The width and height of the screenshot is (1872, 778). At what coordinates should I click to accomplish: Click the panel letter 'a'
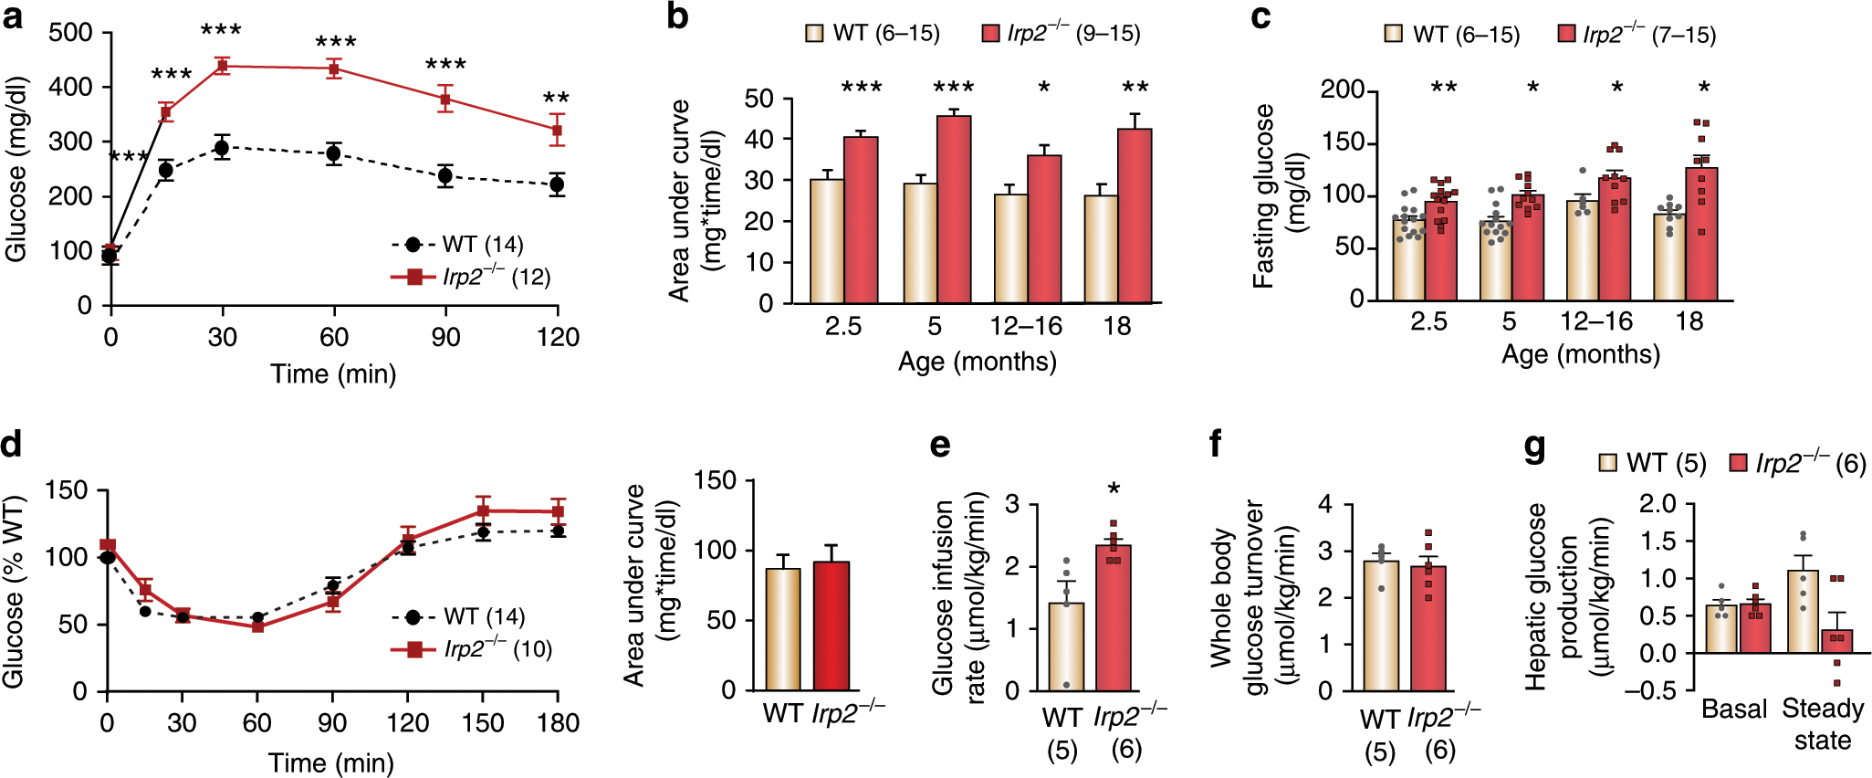(13, 16)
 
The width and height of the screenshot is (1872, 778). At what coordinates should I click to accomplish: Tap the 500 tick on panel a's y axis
(71, 33)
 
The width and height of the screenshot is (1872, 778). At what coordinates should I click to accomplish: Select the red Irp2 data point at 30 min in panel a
(222, 66)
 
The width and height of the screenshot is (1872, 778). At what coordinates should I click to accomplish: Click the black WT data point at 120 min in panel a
(557, 184)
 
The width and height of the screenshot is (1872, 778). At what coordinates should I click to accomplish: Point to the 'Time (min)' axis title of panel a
(333, 373)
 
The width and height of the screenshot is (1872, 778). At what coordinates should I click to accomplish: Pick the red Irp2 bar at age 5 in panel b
(953, 210)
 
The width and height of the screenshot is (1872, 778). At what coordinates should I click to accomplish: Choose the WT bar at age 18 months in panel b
(1101, 249)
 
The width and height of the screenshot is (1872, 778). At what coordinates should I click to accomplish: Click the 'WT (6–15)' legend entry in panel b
(873, 34)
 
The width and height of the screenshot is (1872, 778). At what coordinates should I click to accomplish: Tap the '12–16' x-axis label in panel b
(1026, 326)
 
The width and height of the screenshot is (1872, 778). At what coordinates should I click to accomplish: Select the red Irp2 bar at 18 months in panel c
(1701, 234)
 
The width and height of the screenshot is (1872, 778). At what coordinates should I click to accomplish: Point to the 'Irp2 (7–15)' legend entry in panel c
(1637, 35)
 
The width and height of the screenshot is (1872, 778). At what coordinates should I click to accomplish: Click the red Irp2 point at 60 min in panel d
(257, 626)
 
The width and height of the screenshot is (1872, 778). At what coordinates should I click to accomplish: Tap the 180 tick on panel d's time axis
(558, 723)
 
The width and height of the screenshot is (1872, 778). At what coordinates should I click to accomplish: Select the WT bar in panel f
(1380, 626)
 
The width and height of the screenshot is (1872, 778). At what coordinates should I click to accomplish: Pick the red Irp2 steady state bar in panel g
(1836, 642)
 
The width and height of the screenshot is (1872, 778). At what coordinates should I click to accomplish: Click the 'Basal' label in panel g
(1733, 710)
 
